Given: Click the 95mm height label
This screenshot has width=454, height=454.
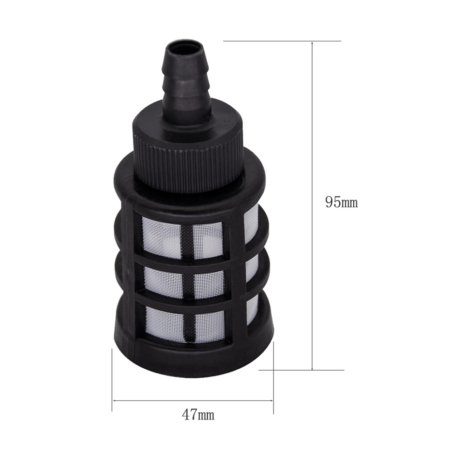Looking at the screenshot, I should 341,202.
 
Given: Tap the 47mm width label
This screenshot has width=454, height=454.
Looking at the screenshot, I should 198,415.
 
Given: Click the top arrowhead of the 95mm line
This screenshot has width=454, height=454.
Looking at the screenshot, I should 312,44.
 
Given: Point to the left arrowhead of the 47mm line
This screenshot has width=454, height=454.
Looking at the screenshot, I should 115,400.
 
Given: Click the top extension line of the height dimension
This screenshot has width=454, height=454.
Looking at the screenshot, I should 281,41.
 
